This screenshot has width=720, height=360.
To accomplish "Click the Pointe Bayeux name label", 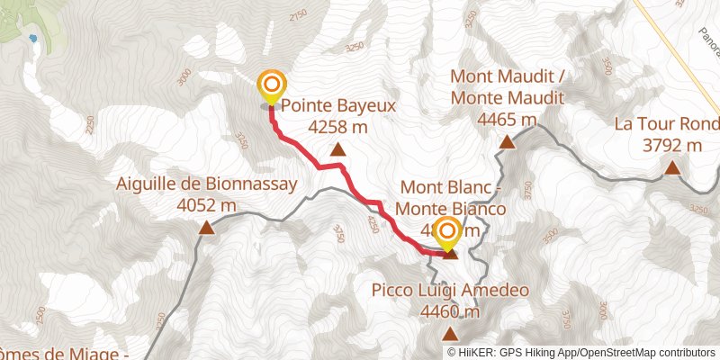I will coord(338,105).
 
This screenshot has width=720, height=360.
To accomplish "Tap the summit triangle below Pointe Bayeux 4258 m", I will coord(337,150).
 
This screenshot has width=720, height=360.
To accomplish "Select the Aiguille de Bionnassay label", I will coord(207,184).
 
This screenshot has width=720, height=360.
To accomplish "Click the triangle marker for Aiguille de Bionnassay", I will coord(207,229).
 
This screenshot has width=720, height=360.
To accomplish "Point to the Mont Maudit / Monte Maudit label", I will coord(508,86).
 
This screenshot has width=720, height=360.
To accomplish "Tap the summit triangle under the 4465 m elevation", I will coord(508,141).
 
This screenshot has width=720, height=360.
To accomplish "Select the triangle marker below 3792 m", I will coord(671,167).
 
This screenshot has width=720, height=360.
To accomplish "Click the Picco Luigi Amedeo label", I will coord(450,291).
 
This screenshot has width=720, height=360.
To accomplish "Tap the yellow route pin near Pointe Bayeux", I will coord(271,85).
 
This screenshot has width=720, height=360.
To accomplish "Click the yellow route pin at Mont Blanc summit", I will coord(446,234).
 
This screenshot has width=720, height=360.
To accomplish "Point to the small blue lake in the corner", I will coord(32,39).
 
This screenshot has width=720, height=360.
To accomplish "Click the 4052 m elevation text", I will coord(207,206).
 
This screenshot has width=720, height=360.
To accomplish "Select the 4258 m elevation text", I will coord(337,128).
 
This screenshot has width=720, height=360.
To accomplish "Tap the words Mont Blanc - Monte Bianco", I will coord(450,197).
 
